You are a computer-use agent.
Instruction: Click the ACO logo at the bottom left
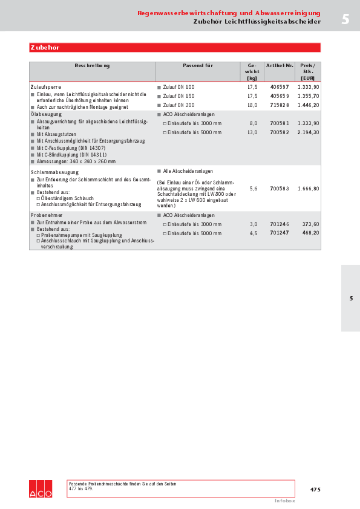[x=41, y=489]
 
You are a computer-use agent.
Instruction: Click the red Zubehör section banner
[x=174, y=47]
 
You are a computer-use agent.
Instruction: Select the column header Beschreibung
[x=93, y=65]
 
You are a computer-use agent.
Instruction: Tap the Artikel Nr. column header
[x=280, y=65]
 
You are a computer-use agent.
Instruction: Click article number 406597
[x=280, y=87]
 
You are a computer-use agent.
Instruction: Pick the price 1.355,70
[x=308, y=96]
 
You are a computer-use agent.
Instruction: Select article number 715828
[x=280, y=105]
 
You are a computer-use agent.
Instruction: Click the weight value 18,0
[x=252, y=105]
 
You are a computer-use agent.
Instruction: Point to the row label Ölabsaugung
[x=46, y=114]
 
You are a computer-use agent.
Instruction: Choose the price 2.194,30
[x=308, y=132]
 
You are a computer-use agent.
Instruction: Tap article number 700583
[x=280, y=189]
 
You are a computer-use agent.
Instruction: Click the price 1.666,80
[x=308, y=189]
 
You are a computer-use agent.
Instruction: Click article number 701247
[x=280, y=233]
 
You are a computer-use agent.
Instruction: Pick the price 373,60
[x=310, y=224]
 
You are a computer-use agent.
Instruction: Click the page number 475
[x=315, y=490]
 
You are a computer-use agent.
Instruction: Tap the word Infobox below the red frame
[x=284, y=501]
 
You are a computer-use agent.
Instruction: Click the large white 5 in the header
[x=345, y=19]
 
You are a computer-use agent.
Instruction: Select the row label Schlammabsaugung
[x=51, y=172]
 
